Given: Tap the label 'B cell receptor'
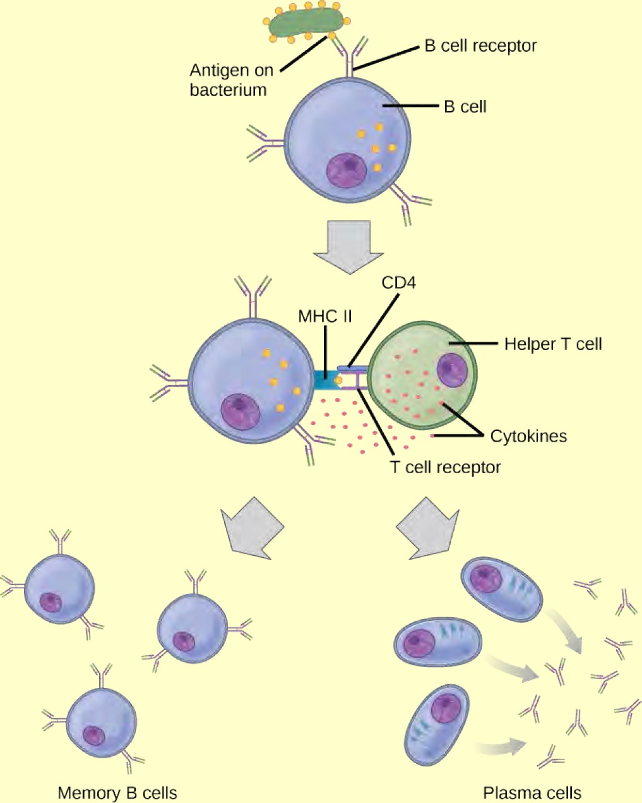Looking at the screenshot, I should tap(480, 46).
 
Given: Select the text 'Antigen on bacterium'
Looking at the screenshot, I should tap(231, 80).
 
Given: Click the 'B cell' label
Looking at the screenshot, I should tap(465, 107).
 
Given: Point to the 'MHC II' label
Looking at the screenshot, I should tap(325, 316).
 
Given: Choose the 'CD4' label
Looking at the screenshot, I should tap(398, 282).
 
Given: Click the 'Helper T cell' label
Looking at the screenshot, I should tap(553, 344).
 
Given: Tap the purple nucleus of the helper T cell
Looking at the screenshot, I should tap(453, 370).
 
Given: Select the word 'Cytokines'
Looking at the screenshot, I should tap(528, 436).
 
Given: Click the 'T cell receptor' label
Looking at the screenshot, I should tap(446, 468).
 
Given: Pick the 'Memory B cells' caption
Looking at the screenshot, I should tap(117, 793).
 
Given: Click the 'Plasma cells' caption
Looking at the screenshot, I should tap(532, 793).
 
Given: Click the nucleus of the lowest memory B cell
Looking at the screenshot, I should tap(95, 735).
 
